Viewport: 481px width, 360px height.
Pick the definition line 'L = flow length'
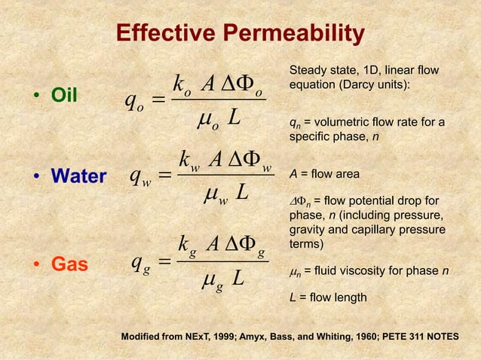pyautogui.click(x=328, y=298)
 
